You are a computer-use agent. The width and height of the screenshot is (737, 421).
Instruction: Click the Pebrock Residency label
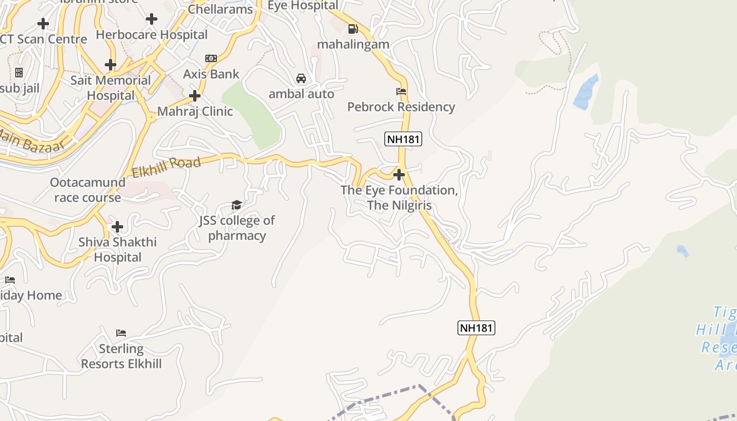tap(401, 107)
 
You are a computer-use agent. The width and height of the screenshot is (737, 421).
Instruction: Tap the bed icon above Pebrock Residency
tap(401, 92)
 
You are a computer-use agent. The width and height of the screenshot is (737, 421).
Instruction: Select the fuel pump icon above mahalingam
tap(353, 29)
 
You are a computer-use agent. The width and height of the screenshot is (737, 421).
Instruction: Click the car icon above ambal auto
tap(301, 78)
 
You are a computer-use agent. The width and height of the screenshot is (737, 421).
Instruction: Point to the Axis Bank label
tap(211, 74)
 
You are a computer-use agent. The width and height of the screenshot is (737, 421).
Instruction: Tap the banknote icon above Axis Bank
tap(211, 58)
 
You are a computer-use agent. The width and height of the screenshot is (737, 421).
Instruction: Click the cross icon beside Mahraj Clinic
tap(195, 96)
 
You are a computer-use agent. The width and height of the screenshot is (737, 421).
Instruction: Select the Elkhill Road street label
tap(166, 167)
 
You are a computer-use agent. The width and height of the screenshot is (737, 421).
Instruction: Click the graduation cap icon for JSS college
tap(236, 205)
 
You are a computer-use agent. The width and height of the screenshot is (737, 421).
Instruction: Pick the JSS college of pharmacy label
tap(237, 228)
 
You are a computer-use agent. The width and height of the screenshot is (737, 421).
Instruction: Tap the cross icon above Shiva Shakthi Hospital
tap(117, 227)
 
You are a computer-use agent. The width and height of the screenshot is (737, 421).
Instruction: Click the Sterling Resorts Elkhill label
tap(121, 356)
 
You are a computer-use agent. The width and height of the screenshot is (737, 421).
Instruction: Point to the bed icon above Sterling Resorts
tap(121, 333)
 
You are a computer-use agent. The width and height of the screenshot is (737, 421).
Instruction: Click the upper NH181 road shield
tap(403, 139)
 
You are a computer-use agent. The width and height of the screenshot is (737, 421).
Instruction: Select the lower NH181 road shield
tap(476, 328)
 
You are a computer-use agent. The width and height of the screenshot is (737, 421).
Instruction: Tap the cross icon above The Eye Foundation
tap(399, 175)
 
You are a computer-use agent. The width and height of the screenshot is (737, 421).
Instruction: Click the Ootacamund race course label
tap(87, 190)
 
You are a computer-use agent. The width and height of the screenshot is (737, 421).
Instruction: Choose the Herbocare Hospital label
tap(152, 35)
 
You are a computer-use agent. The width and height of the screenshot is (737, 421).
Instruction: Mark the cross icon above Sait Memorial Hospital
tap(110, 65)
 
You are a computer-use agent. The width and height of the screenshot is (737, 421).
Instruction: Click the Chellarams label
tap(220, 9)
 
